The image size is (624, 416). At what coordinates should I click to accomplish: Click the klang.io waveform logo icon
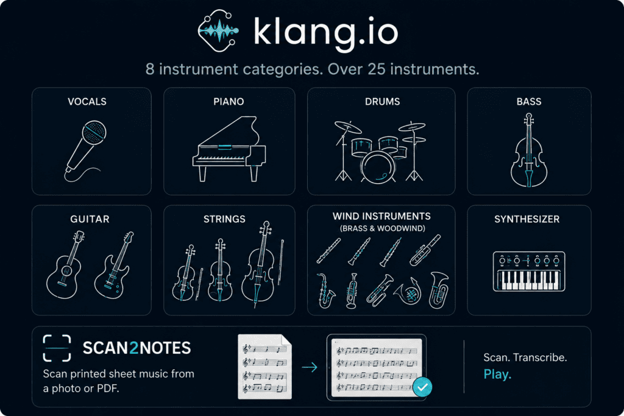pyautogui.click(x=219, y=30)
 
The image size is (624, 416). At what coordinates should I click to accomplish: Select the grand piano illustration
pyautogui.click(x=229, y=149)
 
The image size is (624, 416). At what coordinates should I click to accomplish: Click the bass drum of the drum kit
pyautogui.click(x=378, y=167)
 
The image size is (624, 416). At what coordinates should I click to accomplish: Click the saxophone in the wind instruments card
pyautogui.click(x=326, y=291)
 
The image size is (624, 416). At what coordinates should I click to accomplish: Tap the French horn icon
pyautogui.click(x=408, y=292)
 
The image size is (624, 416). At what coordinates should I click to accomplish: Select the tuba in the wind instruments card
pyautogui.click(x=439, y=290)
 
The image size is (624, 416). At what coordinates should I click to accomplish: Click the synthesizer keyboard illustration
pyautogui.click(x=529, y=271)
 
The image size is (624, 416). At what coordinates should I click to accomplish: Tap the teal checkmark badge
pyautogui.click(x=422, y=387)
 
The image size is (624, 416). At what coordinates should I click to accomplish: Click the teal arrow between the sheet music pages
pyautogui.click(x=310, y=367)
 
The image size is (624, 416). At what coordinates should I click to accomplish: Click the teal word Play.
pyautogui.click(x=497, y=374)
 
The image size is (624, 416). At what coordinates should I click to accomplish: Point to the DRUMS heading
pyautogui.click(x=383, y=102)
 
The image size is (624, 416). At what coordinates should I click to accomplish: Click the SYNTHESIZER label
pyautogui.click(x=527, y=219)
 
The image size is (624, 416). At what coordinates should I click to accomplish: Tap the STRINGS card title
pyautogui.click(x=224, y=219)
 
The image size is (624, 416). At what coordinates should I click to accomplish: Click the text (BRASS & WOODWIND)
pyautogui.click(x=382, y=228)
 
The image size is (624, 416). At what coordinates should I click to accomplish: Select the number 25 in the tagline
pyautogui.click(x=377, y=69)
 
